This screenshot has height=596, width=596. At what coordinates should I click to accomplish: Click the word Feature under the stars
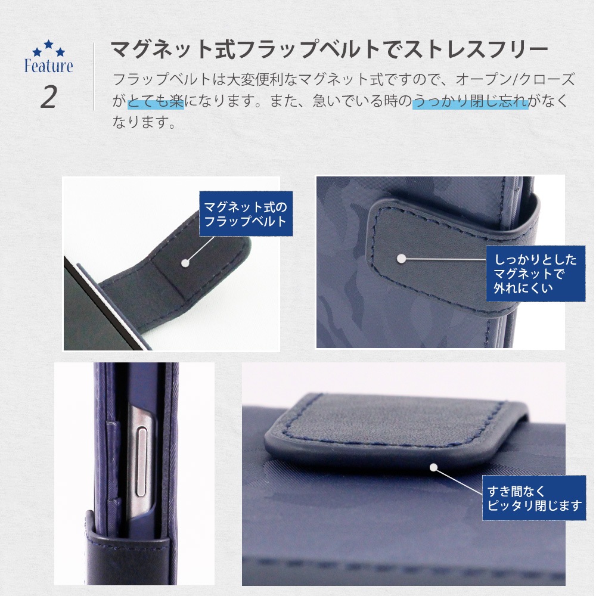coord(49,66)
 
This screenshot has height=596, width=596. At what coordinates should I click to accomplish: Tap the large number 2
coord(49,97)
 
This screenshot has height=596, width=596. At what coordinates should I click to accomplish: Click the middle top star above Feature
coord(49,44)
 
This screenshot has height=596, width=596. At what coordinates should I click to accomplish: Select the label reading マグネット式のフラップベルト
coord(246,213)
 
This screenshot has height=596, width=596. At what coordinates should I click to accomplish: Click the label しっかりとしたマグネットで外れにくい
coord(535,274)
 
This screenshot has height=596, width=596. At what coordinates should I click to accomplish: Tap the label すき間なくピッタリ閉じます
coord(534,498)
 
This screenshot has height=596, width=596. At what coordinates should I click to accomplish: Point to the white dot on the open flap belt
coord(185,263)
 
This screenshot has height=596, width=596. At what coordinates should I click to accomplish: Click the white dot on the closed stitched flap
coord(401,259)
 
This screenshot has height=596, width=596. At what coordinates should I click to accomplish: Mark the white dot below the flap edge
coord(434,467)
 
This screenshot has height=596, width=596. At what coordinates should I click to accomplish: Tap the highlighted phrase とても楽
coord(156,101)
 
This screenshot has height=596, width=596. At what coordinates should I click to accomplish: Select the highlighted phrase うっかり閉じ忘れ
coord(470,101)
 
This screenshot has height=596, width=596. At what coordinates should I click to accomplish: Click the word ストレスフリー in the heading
coord(476,49)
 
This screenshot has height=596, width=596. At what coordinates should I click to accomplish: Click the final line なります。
coord(144,122)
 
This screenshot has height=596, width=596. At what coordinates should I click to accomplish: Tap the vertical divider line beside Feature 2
coord(94,77)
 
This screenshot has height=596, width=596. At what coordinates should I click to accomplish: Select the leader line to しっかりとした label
coord(443,260)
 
